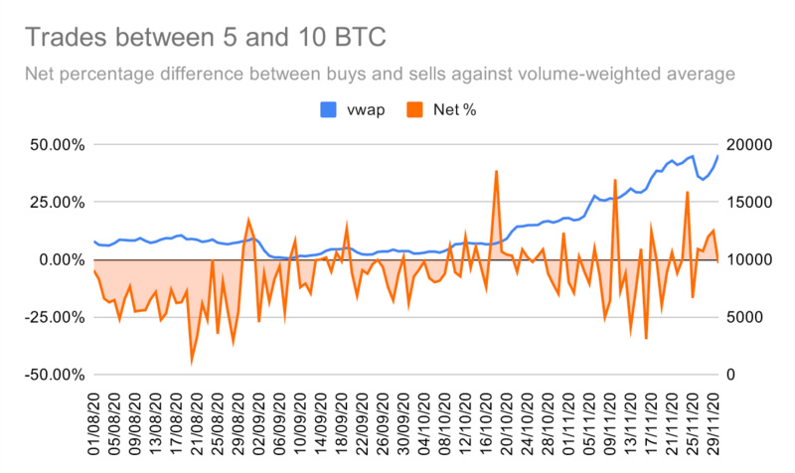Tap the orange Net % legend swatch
point(415,109)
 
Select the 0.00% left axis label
point(58,259)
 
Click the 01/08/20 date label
point(95,421)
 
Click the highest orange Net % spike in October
point(496,171)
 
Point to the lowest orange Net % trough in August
point(192,360)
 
